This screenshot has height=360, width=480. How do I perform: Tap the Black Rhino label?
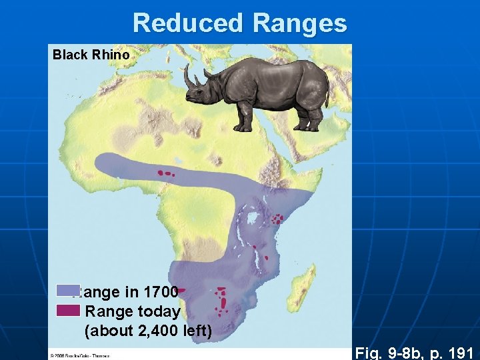(91, 55)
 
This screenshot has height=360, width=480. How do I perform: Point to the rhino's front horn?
(188, 76)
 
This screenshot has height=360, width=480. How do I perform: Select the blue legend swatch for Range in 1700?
(67, 291)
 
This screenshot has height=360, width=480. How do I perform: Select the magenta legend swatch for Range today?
(67, 310)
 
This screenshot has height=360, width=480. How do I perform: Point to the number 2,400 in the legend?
(154, 330)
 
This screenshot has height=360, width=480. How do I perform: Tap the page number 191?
(460, 353)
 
